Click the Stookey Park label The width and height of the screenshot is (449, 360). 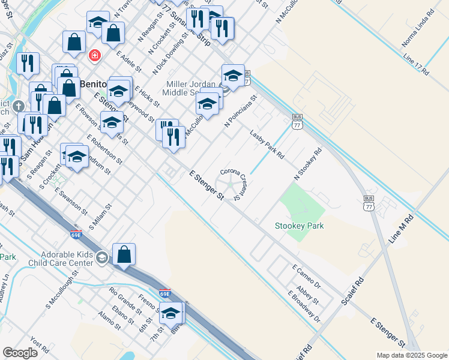pyautogui.click(x=299, y=226)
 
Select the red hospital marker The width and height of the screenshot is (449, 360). pyautogui.click(x=94, y=56)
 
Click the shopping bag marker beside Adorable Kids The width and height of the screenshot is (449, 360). pyautogui.click(x=123, y=254)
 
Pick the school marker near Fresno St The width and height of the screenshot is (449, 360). pyautogui.click(x=170, y=313)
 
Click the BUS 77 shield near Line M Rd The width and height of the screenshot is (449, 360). pyautogui.click(x=369, y=202)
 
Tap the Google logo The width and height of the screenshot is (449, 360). pyautogui.click(x=20, y=353)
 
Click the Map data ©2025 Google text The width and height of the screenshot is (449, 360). pyautogui.click(x=411, y=355)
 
